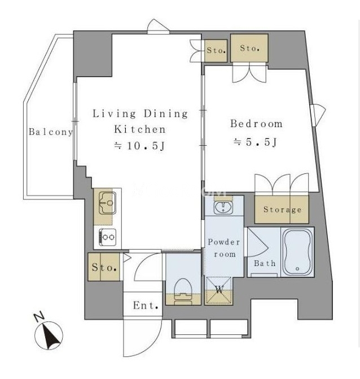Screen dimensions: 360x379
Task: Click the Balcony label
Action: pyautogui.click(x=50, y=132)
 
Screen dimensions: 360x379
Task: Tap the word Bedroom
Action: pyautogui.click(x=256, y=124)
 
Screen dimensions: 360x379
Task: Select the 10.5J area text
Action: pyautogui.click(x=139, y=146)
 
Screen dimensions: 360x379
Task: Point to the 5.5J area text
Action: pyautogui.click(x=255, y=142)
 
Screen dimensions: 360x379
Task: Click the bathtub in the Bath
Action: pyautogui.click(x=297, y=252)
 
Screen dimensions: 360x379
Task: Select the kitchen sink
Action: pyautogui.click(x=107, y=203)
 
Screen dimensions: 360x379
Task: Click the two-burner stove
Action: pyautogui.click(x=108, y=237)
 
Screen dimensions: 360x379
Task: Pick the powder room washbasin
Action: pyautogui.click(x=223, y=207)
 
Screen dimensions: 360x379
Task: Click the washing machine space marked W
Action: pyautogui.click(x=218, y=290)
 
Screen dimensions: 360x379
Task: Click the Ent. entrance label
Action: pyautogui.click(x=146, y=306)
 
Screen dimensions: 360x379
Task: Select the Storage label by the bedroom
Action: pyautogui.click(x=282, y=210)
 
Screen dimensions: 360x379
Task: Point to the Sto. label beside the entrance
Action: pyautogui.click(x=104, y=267)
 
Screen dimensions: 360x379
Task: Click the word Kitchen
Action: pyautogui.click(x=139, y=129)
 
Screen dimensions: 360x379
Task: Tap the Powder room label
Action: pyautogui.click(x=224, y=248)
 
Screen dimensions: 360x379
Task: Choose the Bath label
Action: pyautogui.click(x=265, y=263)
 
